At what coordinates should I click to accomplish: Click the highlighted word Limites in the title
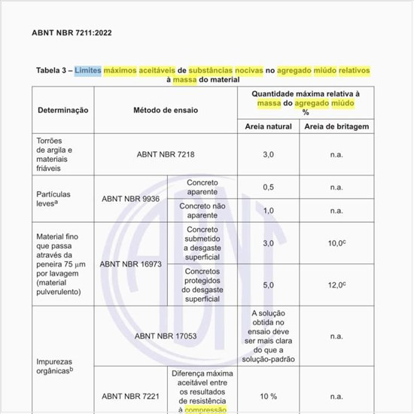click(x=88, y=70)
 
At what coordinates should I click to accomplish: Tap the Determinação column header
click(x=63, y=110)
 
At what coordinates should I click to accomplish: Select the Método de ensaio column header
click(x=166, y=110)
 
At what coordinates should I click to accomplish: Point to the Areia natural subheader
click(x=269, y=126)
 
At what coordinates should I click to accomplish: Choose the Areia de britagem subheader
click(x=336, y=126)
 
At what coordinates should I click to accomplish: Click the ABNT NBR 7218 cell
click(x=166, y=154)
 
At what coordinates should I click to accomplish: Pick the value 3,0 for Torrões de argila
click(x=268, y=154)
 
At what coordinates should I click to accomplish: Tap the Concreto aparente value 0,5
click(x=268, y=187)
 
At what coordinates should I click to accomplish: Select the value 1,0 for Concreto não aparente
click(x=268, y=210)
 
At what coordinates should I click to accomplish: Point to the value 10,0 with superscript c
click(x=336, y=243)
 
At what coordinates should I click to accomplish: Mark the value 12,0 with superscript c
click(x=336, y=285)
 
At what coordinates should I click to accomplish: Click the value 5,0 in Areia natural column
click(x=268, y=285)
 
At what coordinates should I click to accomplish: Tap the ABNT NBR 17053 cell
click(x=166, y=336)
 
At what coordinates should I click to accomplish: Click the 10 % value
click(x=268, y=396)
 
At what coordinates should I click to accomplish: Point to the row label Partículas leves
click(x=53, y=199)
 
